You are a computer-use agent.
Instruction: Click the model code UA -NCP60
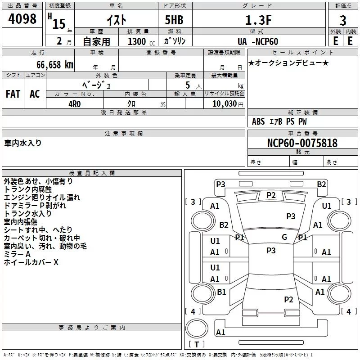click(x=257, y=41)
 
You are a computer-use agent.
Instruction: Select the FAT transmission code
click(x=13, y=94)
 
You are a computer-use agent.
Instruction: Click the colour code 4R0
click(x=74, y=103)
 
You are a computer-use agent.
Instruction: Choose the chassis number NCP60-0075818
click(x=296, y=143)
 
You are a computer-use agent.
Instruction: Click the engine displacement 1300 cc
click(x=137, y=41)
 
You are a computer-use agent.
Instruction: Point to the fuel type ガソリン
click(x=175, y=41)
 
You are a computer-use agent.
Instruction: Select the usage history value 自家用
click(x=96, y=41)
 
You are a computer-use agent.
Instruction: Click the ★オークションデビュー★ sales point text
click(x=288, y=63)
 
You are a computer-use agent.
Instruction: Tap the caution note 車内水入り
click(x=23, y=143)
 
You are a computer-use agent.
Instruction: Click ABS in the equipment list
click(x=258, y=121)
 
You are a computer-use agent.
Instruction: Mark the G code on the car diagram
click(x=284, y=238)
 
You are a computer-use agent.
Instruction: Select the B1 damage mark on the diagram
click(x=221, y=292)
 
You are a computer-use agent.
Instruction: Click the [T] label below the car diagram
click(x=196, y=345)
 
